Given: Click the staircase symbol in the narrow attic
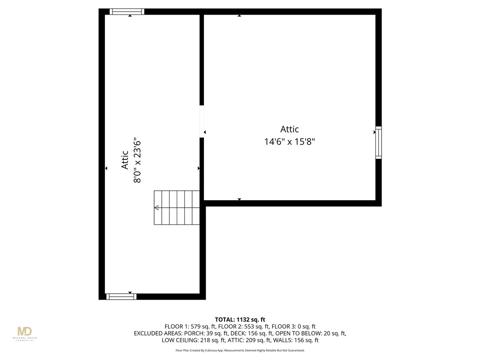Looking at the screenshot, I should (x=177, y=207).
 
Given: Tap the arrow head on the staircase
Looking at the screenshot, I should (x=157, y=208).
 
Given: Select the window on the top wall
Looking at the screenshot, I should (x=127, y=12).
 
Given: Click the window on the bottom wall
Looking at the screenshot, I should (x=121, y=296).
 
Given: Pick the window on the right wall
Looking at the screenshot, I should (x=378, y=142).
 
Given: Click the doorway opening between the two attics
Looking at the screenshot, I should (x=202, y=121).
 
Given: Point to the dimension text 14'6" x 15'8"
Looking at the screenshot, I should (x=289, y=141).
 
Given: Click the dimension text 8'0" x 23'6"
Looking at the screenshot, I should (x=137, y=160).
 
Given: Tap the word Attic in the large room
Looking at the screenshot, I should (x=289, y=129).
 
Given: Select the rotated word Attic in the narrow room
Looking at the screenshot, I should (x=125, y=159).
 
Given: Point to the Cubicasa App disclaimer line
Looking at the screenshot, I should (x=240, y=350).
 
